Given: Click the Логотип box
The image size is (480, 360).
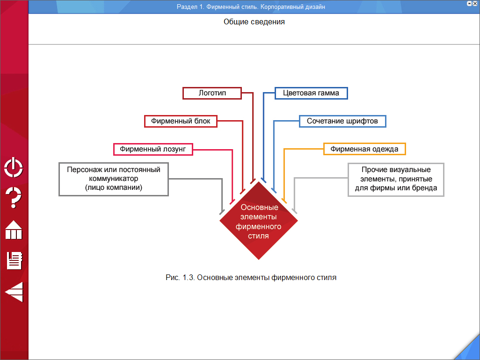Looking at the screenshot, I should coord(212,93).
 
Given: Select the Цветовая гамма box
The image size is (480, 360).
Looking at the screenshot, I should coord(311,93).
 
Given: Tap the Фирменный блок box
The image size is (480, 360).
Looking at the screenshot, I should coord(181,121).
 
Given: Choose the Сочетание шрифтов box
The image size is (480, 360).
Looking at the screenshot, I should coord(342,121).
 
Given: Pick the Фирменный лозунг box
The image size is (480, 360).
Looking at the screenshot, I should coord(153,149).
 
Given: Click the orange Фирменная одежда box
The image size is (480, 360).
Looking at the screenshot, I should coord(364,149).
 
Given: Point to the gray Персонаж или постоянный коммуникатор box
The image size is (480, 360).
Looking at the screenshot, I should coord(113,179).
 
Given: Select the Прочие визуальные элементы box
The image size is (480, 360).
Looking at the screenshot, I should coord(396,179).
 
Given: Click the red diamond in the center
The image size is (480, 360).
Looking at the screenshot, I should coord(259,221).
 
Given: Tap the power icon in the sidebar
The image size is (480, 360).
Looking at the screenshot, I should coord(14,167).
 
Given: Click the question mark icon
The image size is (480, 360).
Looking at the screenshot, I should coord(14,197).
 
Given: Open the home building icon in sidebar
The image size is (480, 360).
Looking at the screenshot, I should coord(14,230).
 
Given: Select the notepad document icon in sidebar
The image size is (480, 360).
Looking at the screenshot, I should coord(14,260).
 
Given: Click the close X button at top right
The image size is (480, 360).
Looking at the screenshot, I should coord(475,3).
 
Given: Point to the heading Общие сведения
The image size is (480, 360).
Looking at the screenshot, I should coord(254,22).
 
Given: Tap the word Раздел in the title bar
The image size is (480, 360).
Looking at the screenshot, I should coord(187,7).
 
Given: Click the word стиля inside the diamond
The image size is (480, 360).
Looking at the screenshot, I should coord(258,236).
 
